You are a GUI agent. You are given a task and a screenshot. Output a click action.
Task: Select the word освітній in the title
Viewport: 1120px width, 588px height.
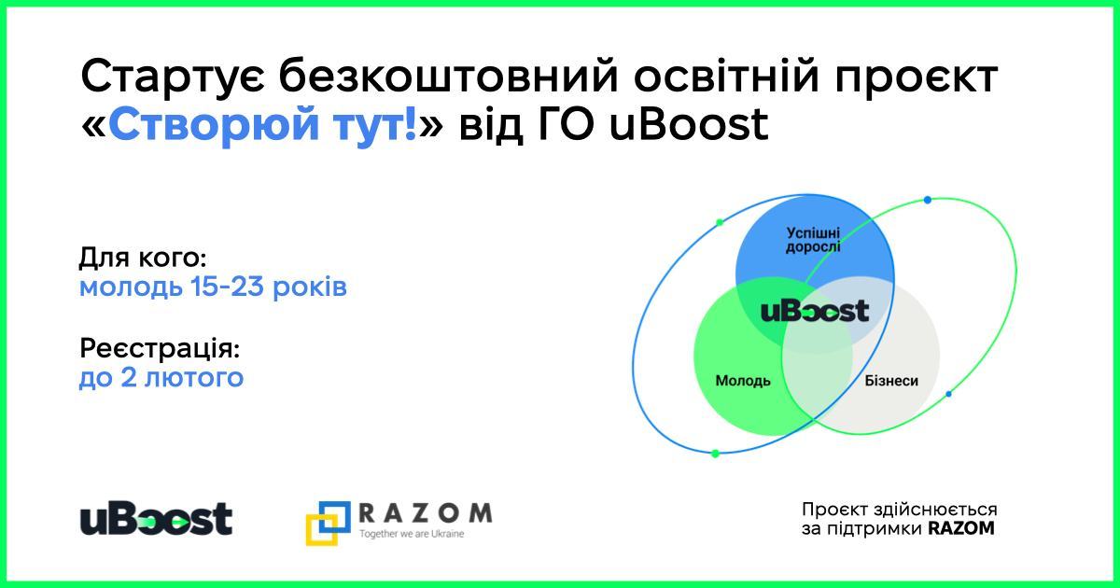pos(727,76)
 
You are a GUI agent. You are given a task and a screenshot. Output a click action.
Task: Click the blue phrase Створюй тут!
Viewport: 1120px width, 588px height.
pos(262,125)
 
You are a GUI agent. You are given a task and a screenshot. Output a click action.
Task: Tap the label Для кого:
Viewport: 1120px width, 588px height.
pos(143,259)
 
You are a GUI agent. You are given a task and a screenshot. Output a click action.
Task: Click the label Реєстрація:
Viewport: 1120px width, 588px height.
pos(160,348)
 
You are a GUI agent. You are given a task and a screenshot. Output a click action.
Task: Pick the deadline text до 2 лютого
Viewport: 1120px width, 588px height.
pos(161,377)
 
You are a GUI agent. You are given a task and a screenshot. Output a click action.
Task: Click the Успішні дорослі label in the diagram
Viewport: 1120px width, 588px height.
pos(813,241)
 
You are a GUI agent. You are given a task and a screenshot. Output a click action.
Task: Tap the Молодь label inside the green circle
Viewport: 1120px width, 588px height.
pos(743,381)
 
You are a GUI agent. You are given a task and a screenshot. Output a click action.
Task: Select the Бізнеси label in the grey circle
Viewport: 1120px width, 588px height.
pos(891,381)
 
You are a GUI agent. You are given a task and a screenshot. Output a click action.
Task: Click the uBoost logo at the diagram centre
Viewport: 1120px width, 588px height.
pos(815,311)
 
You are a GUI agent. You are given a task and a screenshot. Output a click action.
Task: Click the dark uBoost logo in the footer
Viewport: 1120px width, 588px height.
pos(157,519)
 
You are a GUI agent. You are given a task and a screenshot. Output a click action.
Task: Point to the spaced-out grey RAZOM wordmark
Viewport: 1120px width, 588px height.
pos(426,513)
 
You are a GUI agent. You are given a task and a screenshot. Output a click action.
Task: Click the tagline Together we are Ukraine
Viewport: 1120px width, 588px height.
pos(412,534)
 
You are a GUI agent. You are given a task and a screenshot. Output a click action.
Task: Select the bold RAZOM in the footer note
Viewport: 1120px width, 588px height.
pos(961,528)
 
